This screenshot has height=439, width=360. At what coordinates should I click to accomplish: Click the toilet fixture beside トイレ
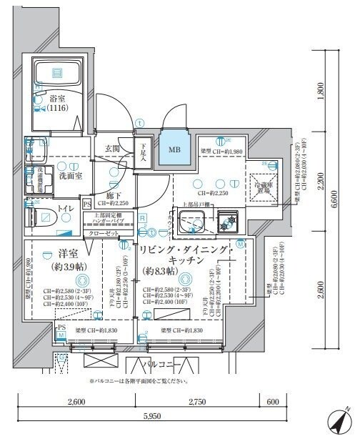37,214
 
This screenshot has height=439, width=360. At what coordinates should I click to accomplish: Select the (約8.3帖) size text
161,272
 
